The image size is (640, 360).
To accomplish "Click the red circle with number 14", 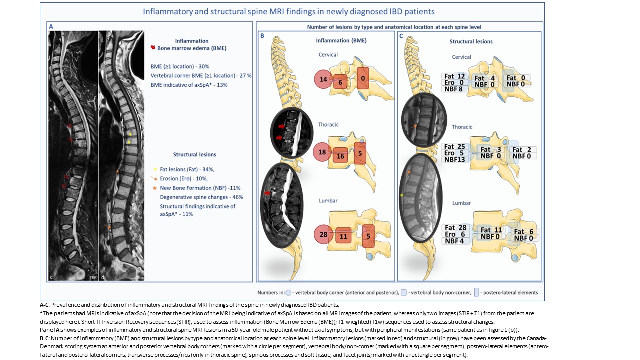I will click(323, 79).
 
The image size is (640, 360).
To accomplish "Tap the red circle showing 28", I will click(323, 235).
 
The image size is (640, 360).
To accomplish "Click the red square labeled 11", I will click(343, 235).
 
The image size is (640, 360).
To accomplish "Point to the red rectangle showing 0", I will click(363, 79).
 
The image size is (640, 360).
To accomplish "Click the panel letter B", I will click(262, 36).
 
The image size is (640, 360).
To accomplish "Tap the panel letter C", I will click(401, 36).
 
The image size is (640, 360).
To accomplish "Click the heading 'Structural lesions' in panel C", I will click(471, 41).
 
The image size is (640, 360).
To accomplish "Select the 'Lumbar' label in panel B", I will click(328, 201).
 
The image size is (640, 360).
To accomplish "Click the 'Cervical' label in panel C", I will click(461, 57).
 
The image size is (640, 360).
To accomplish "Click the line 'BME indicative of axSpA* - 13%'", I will click(189, 85).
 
